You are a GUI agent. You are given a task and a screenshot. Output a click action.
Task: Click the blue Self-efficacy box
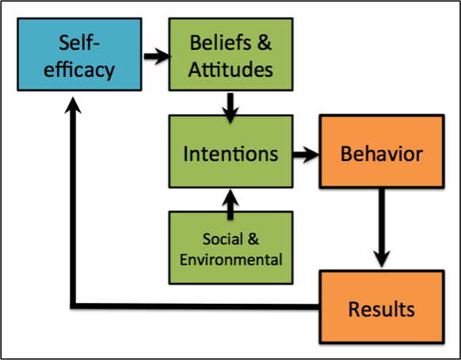[x=79, y=55]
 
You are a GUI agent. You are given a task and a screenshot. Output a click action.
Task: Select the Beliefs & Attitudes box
[x=230, y=55]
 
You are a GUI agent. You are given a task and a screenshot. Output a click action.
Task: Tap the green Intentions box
[x=230, y=151]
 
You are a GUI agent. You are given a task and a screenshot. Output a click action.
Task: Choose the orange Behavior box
[x=382, y=151]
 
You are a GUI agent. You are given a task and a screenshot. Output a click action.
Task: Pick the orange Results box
[x=382, y=307]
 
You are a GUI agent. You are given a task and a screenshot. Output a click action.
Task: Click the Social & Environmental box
[x=230, y=248]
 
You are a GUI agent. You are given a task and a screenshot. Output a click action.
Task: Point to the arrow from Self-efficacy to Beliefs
[x=158, y=56]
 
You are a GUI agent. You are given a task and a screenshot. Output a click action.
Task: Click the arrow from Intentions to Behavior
[x=306, y=155]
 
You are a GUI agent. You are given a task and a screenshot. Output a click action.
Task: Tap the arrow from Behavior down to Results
[x=382, y=228]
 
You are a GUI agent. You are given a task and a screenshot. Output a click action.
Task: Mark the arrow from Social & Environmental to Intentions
[x=230, y=205]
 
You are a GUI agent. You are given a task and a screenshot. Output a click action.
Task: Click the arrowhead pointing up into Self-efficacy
[x=73, y=105]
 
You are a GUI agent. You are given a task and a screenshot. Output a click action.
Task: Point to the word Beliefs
[x=220, y=43]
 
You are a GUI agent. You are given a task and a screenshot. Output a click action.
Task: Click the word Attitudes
[x=230, y=70]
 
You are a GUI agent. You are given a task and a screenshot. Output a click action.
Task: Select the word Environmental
[x=231, y=259]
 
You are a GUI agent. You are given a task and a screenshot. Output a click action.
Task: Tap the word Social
[x=223, y=239]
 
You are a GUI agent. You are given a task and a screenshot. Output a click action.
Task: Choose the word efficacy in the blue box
[x=79, y=71]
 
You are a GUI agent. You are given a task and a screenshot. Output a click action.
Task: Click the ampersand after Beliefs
[x=265, y=43]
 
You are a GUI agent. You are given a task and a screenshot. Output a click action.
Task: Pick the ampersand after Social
[x=253, y=239]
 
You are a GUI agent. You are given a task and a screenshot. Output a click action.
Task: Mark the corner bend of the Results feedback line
[x=73, y=306]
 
